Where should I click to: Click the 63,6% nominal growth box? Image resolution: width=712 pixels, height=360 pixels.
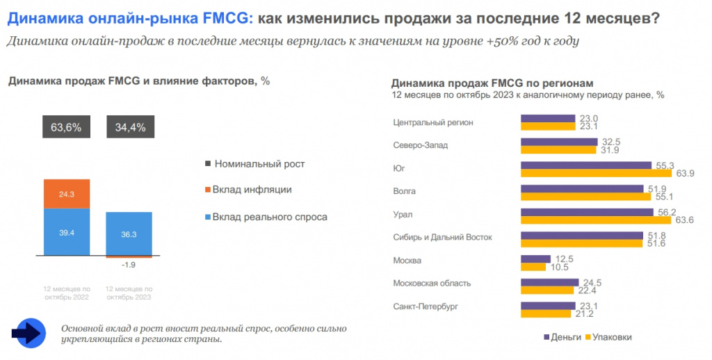pos(66,127)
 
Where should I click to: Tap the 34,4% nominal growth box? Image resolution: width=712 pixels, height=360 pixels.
pos(129,127)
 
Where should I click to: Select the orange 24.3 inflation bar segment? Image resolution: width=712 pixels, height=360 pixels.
pos(66,194)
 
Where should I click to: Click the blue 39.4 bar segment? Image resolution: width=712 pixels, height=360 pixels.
pos(66,232)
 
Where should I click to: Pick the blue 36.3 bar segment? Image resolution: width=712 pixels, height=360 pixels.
pos(129,234)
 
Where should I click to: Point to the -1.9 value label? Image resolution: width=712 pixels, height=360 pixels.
pos(129,265)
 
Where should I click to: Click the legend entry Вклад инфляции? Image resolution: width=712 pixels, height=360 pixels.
pos(252,190)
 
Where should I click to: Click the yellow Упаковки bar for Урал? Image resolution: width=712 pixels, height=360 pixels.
pos(596,220)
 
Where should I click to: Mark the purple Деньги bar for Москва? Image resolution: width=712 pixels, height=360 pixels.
pos(535,258)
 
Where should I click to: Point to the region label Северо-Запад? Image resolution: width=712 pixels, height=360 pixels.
pos(421,145)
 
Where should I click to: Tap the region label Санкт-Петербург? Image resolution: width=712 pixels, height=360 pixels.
pos(426,306)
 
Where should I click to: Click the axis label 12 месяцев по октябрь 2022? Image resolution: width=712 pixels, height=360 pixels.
pos(67,293)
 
